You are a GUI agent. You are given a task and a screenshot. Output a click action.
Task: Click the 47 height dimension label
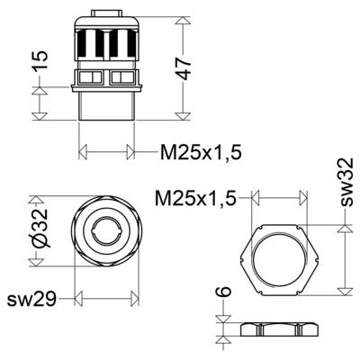[x=184, y=68]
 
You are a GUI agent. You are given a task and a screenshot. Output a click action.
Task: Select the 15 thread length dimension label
[x=40, y=61]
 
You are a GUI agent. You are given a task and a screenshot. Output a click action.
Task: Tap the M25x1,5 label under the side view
[x=201, y=152]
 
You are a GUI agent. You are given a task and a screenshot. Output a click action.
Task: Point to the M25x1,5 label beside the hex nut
[x=195, y=198]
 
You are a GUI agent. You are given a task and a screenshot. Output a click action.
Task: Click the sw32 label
[x=346, y=182]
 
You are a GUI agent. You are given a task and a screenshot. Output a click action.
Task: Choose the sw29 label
[x=31, y=299]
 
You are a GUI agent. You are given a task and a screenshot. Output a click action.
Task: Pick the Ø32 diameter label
[x=40, y=229]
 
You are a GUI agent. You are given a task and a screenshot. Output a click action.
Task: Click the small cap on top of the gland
[x=106, y=13]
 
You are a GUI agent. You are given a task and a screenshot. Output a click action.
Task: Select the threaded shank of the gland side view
[x=106, y=105]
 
